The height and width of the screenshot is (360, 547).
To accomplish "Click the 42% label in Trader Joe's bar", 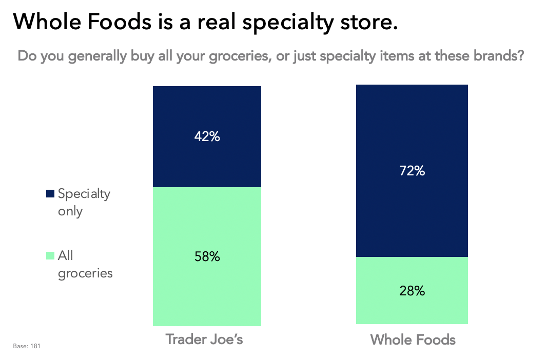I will pos(207,137).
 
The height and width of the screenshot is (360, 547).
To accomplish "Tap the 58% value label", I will pos(207,256).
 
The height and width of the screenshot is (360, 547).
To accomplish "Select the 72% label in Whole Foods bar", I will pos(412,171).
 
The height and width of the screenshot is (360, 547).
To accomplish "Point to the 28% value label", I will pos(412,291).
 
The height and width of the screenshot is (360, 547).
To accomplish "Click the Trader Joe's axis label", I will pos(204,339).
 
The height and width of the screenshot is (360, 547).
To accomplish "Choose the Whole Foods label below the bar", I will pos(413,339).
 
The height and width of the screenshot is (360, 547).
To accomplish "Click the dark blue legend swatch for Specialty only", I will pos(50,194).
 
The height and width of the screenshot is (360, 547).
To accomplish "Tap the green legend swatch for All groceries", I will pos(50,255).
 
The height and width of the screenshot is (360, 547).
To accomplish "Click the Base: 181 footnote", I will pos(26,347).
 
